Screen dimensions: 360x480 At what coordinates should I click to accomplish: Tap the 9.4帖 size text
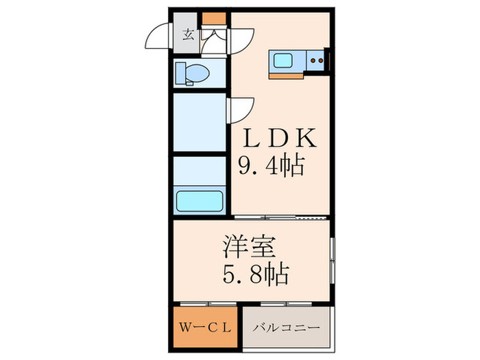271,166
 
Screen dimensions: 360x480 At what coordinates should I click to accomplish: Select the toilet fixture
193,72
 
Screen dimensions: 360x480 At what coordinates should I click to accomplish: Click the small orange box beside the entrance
214,21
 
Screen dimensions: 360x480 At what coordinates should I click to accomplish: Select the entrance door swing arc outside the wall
160,38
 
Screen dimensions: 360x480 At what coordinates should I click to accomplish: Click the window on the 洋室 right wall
331,260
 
